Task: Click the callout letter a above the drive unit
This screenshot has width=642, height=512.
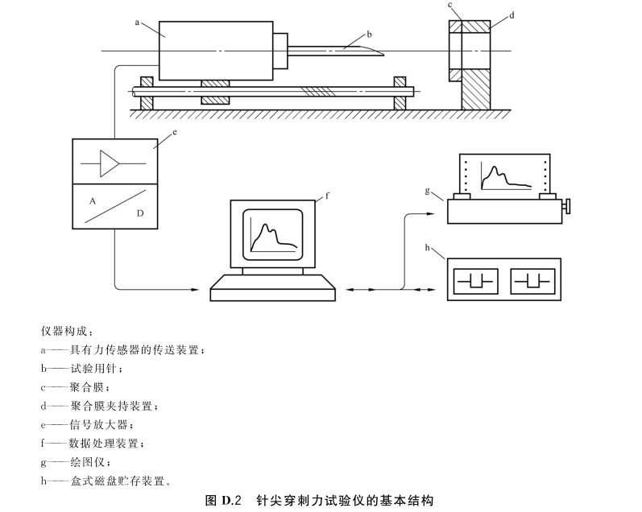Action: point(138,23)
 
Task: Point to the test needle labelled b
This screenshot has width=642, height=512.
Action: point(338,48)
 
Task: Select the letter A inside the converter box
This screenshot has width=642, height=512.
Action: point(94,196)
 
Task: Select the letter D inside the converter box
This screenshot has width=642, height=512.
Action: point(141,214)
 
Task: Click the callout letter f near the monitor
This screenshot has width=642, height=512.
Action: point(328,195)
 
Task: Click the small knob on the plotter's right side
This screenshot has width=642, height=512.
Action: point(570,208)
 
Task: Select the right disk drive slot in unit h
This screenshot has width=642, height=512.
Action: point(531,282)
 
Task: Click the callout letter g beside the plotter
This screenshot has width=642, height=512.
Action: point(427,192)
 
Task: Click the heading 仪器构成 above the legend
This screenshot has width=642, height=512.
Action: point(66,330)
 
